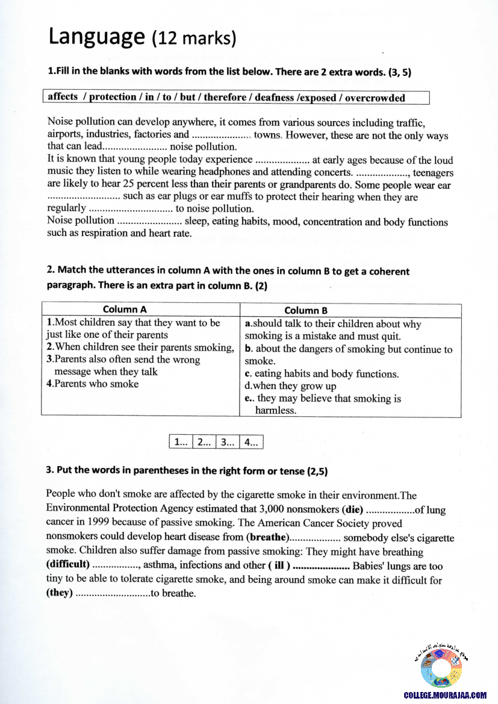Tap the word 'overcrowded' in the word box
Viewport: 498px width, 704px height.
tap(375, 98)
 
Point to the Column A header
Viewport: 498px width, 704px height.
tap(125, 310)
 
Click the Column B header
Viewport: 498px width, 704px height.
tap(306, 311)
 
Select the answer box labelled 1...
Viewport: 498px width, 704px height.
tap(181, 442)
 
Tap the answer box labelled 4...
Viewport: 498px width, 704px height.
tap(251, 442)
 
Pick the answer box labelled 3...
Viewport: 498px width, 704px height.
tap(228, 442)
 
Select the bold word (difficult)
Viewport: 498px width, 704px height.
tap(68, 565)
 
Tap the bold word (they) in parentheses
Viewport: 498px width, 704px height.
tap(60, 593)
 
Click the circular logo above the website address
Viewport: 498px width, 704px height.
tap(441, 668)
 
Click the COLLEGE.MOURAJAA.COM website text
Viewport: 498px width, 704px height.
tap(445, 695)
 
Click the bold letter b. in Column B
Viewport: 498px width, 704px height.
tap(248, 349)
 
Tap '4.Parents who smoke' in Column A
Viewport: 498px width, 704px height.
tap(92, 384)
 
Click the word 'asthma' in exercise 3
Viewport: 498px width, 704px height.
tap(159, 565)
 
